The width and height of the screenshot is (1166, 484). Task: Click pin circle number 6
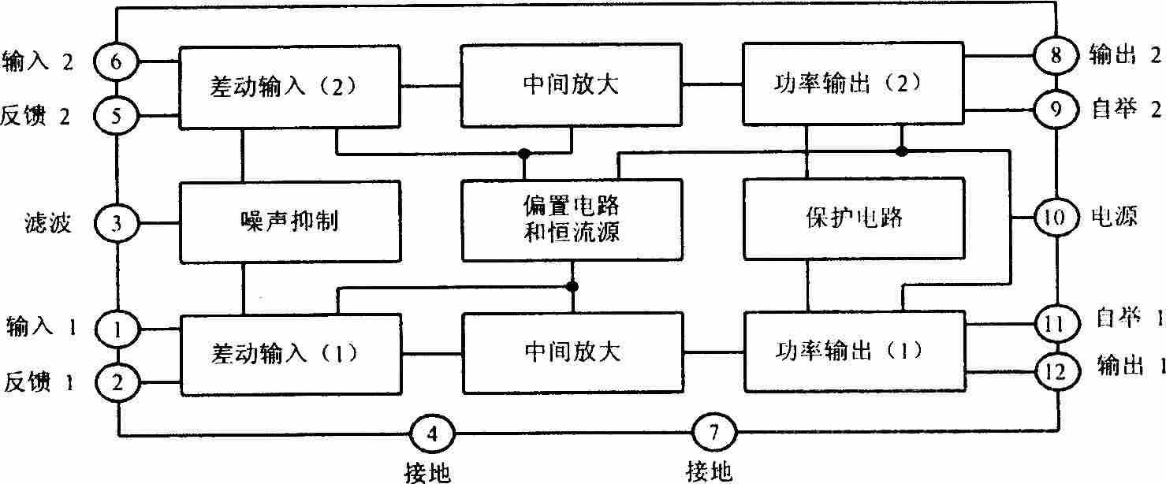pyautogui.click(x=116, y=61)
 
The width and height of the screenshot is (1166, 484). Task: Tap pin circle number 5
pyautogui.click(x=116, y=115)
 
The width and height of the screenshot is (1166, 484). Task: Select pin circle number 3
pyautogui.click(x=116, y=223)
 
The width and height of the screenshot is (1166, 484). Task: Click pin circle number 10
pyautogui.click(x=1056, y=217)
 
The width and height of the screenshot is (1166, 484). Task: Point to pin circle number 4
pyautogui.click(x=432, y=433)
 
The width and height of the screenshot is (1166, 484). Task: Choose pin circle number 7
pyautogui.click(x=714, y=433)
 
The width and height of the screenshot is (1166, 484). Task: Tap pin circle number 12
pyautogui.click(x=1056, y=371)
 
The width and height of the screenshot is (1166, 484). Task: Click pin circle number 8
pyautogui.click(x=1055, y=55)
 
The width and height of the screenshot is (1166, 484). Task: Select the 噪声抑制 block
pyautogui.click(x=290, y=222)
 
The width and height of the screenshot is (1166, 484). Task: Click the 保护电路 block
pyautogui.click(x=854, y=218)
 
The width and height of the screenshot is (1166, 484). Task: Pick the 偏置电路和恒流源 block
pyautogui.click(x=572, y=220)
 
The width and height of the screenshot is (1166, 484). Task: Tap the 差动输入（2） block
pyautogui.click(x=289, y=87)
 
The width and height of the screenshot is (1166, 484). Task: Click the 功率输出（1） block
pyautogui.click(x=855, y=352)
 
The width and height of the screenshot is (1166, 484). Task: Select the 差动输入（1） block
pyautogui.click(x=290, y=355)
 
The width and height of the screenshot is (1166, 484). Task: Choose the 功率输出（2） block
pyautogui.click(x=853, y=84)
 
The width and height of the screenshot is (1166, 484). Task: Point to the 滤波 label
pyautogui.click(x=48, y=223)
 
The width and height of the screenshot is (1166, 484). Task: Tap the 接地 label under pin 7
pyautogui.click(x=709, y=471)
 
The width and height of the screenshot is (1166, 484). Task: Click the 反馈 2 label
pyautogui.click(x=35, y=116)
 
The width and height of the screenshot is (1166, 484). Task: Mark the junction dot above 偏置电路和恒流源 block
pyautogui.click(x=523, y=154)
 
